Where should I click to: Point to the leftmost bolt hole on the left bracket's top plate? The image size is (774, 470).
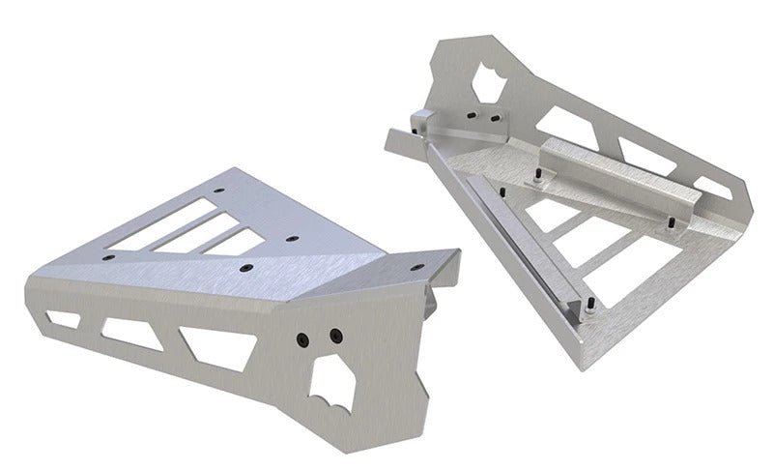coord(108,258)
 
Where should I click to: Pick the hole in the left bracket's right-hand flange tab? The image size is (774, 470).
coord(425,261)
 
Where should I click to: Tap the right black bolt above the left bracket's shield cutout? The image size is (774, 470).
coord(334,335)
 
